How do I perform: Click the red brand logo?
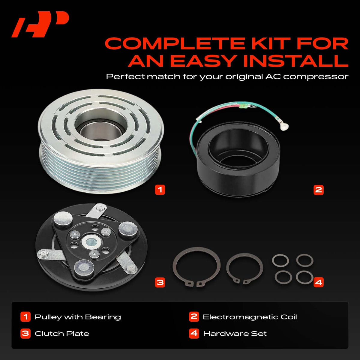(x=40, y=24)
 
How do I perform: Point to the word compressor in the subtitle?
(x=316, y=77)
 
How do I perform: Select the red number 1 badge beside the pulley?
(x=160, y=190)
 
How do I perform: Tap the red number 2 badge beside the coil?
(x=318, y=190)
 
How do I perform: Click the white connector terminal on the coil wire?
(x=284, y=127)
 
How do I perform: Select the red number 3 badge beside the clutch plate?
(x=160, y=282)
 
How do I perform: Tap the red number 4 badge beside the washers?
(x=318, y=282)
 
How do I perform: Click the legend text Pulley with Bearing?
(x=78, y=317)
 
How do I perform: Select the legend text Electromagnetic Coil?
(x=250, y=317)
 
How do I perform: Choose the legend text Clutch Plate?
(x=62, y=334)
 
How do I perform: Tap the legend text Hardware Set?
(x=235, y=334)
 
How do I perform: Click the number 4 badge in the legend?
(x=194, y=334)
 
